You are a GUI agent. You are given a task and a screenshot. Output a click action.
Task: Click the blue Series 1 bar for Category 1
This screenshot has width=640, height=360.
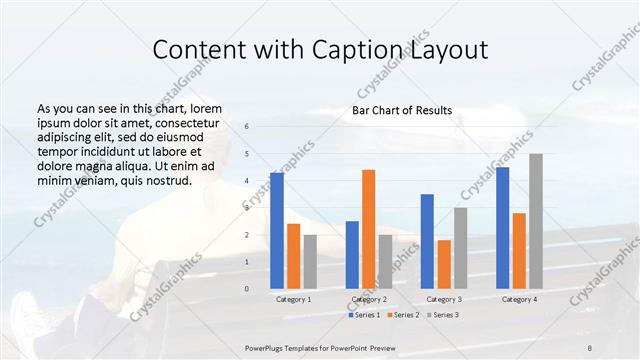(277, 230)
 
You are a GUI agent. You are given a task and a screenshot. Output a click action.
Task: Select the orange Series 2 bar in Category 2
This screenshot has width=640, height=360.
(368, 229)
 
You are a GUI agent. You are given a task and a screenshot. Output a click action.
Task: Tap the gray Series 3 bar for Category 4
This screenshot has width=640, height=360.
(536, 221)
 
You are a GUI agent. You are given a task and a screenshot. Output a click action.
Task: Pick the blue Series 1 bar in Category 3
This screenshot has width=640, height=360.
(427, 241)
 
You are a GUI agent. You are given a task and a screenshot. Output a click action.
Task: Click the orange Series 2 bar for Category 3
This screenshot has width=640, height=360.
(444, 264)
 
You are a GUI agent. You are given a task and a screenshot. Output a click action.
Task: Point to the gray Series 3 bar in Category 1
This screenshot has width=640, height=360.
(310, 261)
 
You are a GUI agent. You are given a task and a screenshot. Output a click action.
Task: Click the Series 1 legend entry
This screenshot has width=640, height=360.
(364, 315)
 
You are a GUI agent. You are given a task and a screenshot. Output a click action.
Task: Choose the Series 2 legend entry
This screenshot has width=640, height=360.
(402, 315)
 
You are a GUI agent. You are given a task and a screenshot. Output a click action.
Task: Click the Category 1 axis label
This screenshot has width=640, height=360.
(293, 299)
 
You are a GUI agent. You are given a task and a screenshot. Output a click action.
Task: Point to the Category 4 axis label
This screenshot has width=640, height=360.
(519, 299)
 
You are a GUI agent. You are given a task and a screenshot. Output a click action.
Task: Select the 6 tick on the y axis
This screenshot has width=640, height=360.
(247, 127)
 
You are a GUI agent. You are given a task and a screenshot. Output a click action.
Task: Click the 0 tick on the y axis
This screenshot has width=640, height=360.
(247, 289)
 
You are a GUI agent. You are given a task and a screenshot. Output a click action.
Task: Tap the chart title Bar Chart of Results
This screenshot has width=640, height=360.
(402, 110)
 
